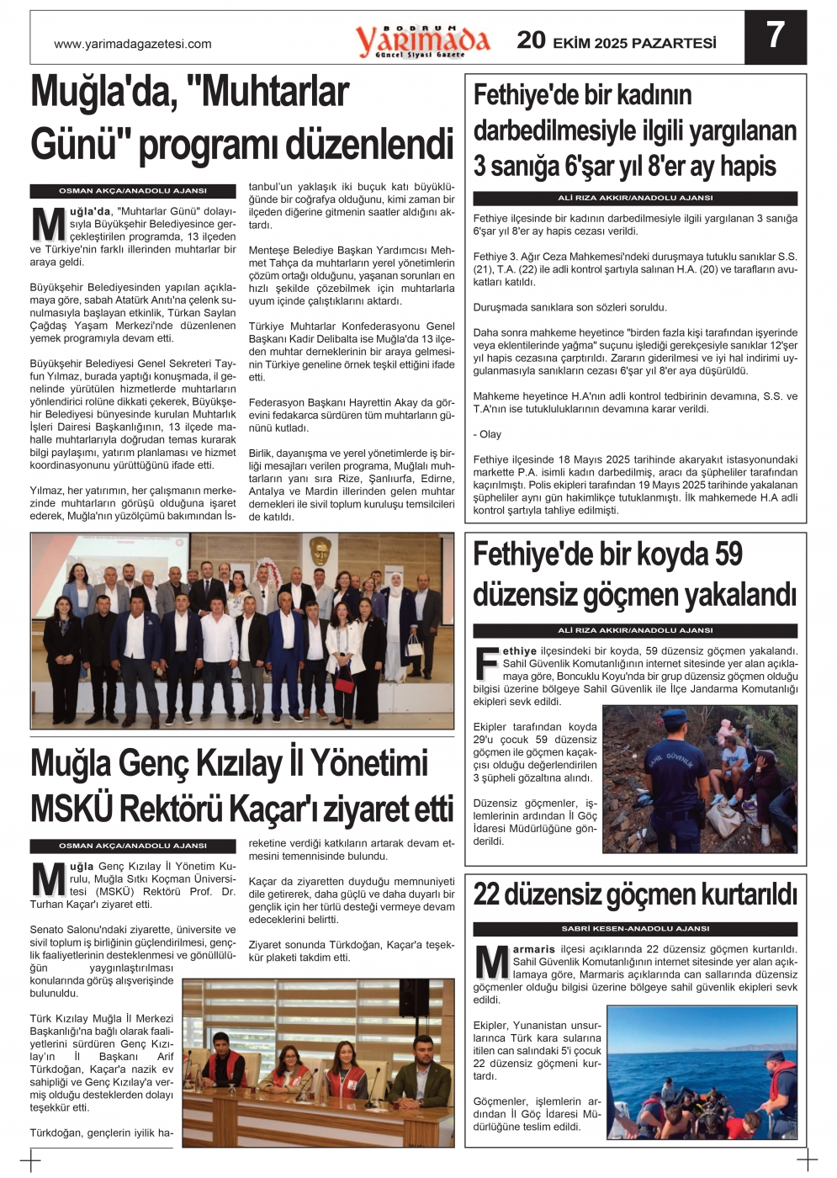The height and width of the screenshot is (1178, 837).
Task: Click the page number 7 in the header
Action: [775, 35]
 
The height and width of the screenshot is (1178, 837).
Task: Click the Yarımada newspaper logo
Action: [422, 41]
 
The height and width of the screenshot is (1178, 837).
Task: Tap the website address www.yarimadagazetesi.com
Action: [132, 45]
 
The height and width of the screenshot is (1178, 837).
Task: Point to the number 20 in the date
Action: [531, 40]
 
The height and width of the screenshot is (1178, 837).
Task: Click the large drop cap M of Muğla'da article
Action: [48, 225]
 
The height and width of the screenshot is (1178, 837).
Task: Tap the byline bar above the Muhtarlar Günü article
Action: [133, 191]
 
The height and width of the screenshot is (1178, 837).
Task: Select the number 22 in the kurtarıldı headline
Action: [487, 894]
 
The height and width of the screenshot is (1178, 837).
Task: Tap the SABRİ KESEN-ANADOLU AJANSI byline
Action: [635, 929]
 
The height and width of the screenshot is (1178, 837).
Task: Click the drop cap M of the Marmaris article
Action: [491, 962]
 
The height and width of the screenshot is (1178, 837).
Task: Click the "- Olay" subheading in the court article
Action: [487, 434]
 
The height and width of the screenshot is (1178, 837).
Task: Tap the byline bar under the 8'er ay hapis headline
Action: [635, 198]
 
